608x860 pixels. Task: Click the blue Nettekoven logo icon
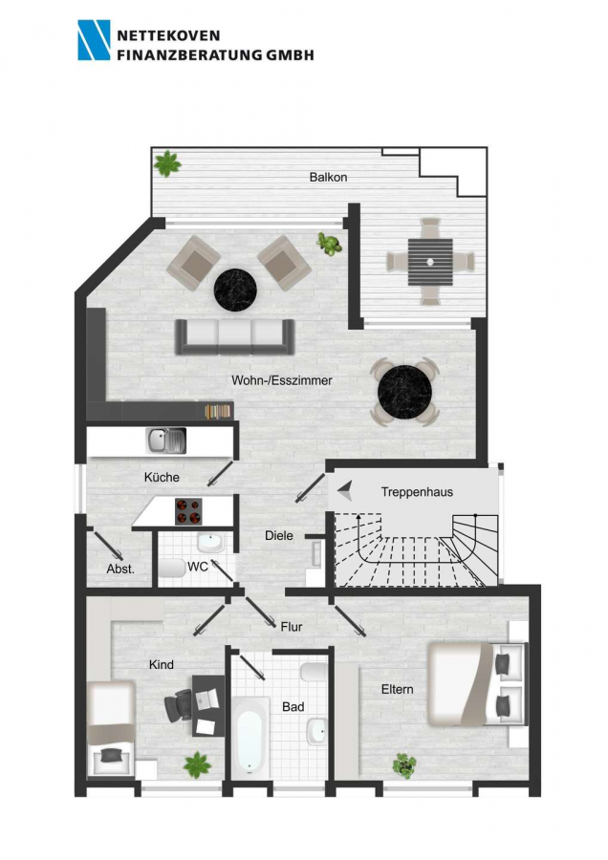(94, 40)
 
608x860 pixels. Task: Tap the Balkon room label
(328, 177)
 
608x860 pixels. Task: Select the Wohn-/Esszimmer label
(281, 380)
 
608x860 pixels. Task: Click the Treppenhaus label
(417, 492)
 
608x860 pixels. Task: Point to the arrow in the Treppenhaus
(345, 490)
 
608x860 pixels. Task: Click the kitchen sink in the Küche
(166, 441)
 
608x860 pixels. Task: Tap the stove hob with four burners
(188, 511)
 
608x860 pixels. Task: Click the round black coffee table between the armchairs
(235, 290)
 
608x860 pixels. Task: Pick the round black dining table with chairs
(405, 392)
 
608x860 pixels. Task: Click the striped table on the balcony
(430, 262)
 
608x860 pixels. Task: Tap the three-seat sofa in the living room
(235, 336)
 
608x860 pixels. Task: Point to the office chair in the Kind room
(179, 704)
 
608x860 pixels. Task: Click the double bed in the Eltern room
(476, 684)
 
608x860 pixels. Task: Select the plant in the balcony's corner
(167, 163)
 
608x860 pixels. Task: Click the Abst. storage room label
(120, 569)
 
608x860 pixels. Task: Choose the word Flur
(292, 626)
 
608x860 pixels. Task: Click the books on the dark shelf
(218, 411)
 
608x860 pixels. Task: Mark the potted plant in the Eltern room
(403, 765)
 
